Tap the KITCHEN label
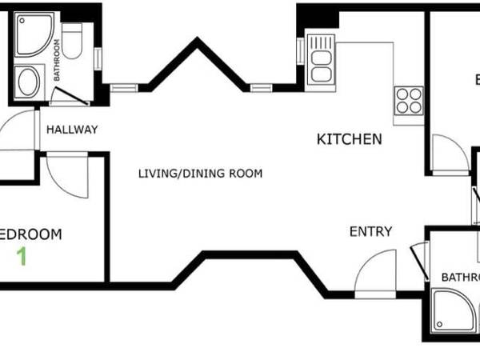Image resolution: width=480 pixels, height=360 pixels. coord(350,139)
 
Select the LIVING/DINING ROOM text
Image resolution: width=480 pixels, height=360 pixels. coord(200,174)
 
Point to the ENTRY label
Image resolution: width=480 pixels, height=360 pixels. coord(370,232)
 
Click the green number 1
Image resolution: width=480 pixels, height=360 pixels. coord(22,258)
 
